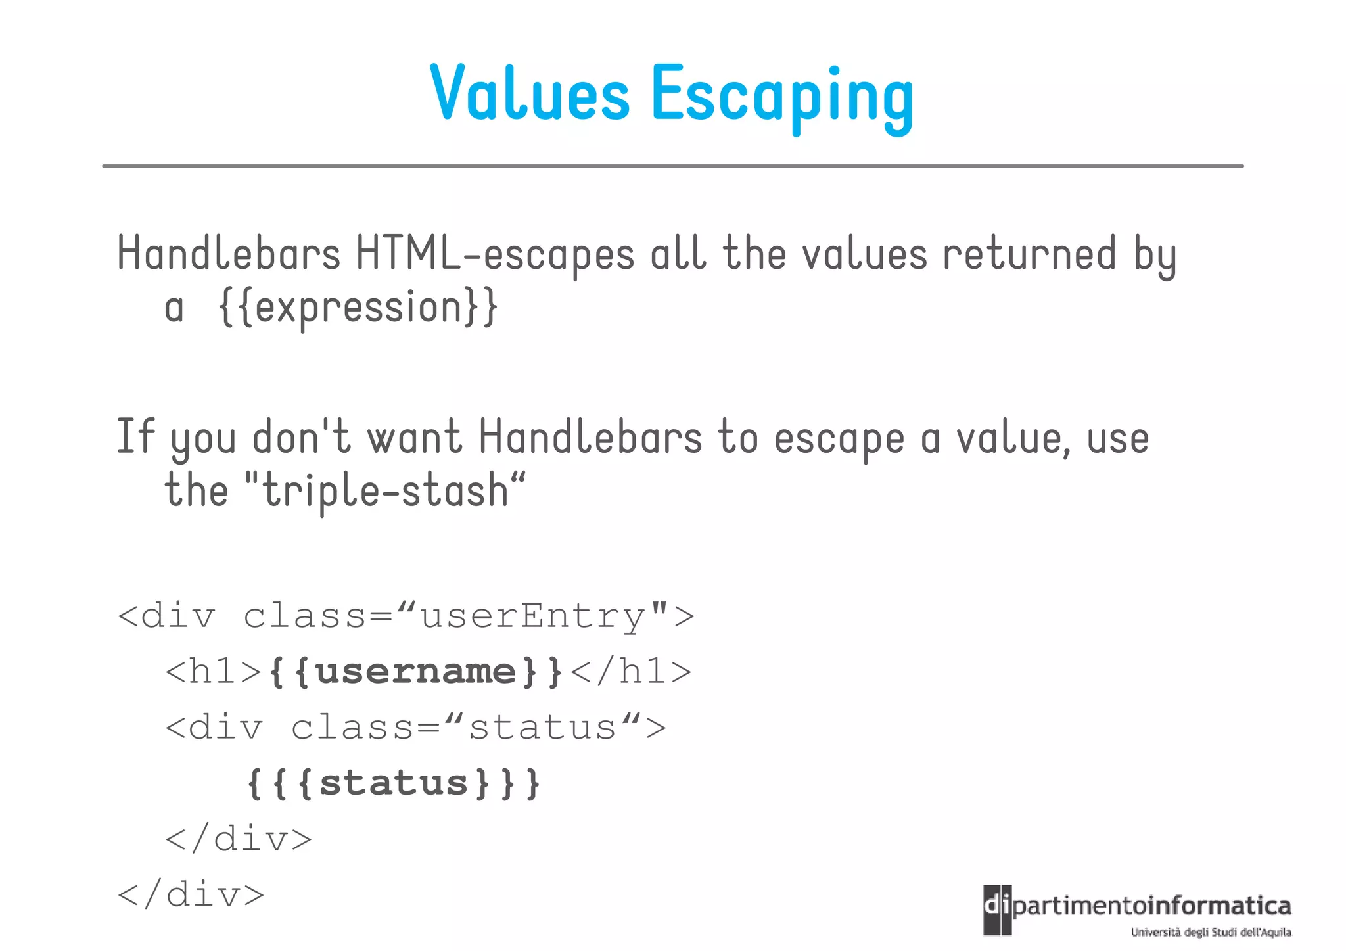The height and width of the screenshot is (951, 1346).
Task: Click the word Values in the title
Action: click(x=530, y=93)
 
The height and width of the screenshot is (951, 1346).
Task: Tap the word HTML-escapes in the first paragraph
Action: click(x=495, y=254)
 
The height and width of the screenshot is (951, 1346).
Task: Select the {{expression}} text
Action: click(x=358, y=307)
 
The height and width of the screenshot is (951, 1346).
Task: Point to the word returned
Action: click(x=1029, y=254)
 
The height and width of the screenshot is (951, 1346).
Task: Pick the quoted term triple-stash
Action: click(x=385, y=491)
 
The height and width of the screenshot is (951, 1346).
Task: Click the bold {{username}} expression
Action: click(x=416, y=672)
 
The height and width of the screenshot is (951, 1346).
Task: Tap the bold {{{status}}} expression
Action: click(x=394, y=783)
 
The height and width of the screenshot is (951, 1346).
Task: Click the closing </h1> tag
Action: click(x=631, y=672)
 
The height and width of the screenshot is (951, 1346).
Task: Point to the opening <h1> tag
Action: click(x=214, y=672)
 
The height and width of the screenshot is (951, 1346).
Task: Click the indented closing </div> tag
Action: click(x=239, y=839)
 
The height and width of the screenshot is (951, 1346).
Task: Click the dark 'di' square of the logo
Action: click(x=996, y=910)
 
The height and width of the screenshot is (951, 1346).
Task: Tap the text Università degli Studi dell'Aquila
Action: click(x=1211, y=932)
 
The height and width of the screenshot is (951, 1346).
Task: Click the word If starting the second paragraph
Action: click(x=135, y=436)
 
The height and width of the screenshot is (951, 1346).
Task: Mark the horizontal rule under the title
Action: click(x=672, y=166)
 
